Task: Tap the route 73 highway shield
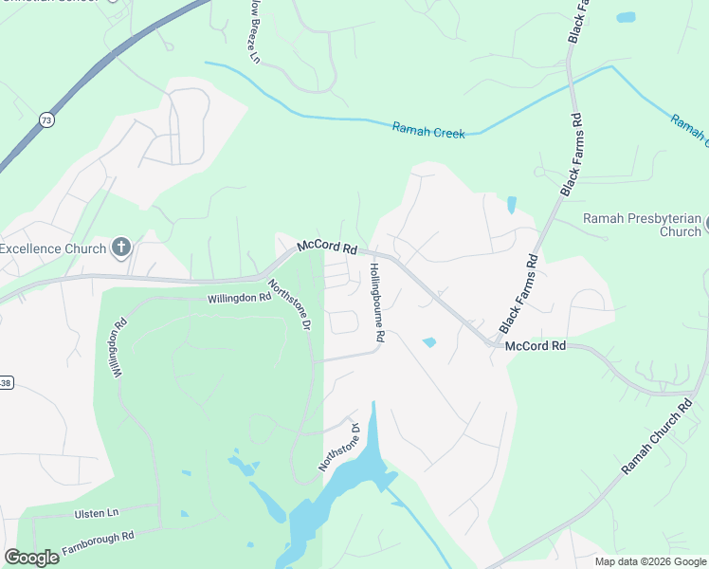[x=46, y=119]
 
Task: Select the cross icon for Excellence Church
[x=120, y=248]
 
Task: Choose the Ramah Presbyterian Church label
[x=642, y=225]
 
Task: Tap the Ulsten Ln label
[x=97, y=513]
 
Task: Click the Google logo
[x=32, y=558]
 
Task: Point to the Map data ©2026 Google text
[x=648, y=561]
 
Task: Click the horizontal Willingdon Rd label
[x=240, y=298]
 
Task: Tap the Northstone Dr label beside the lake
[x=339, y=448]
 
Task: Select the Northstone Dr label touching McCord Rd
[x=289, y=304]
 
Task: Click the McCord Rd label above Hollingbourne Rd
[x=326, y=248]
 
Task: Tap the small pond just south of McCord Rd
[x=429, y=342]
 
